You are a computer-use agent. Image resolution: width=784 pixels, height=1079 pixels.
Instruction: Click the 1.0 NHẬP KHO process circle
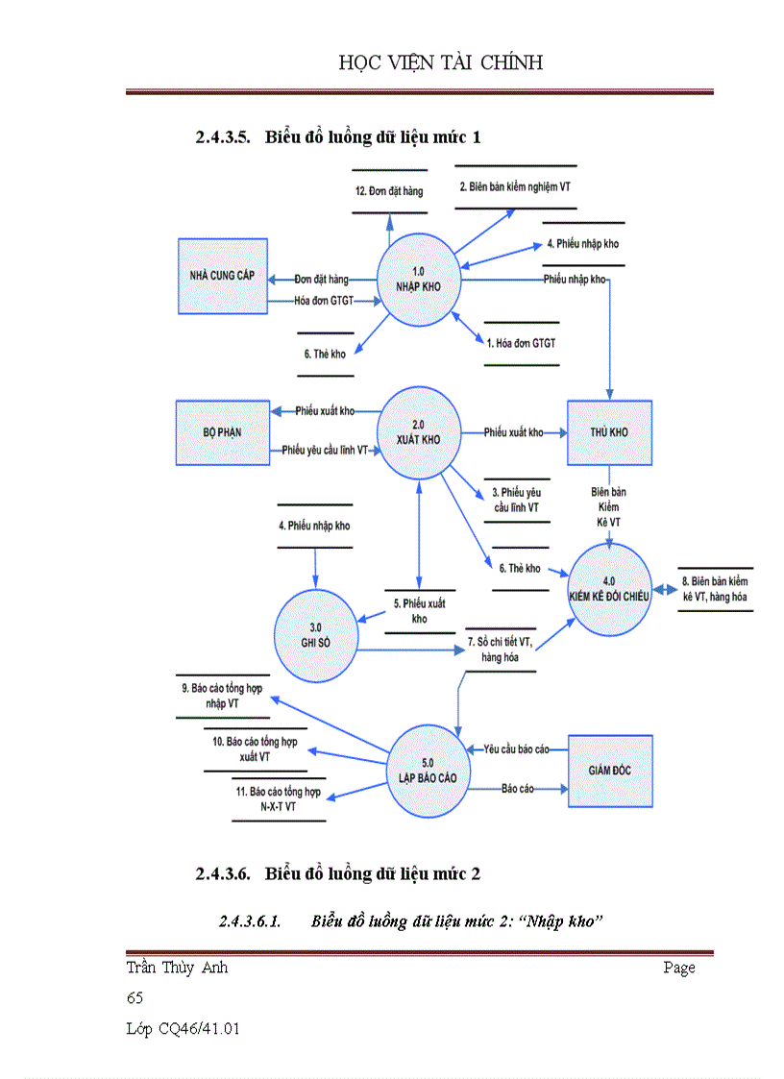418,279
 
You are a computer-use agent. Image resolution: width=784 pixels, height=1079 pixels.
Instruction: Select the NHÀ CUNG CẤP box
222,276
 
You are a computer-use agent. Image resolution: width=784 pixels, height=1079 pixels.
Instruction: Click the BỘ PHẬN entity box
222,432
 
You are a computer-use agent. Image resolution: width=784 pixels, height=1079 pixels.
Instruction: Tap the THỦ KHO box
608,432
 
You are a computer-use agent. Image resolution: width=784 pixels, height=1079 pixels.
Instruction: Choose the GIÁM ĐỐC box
608,771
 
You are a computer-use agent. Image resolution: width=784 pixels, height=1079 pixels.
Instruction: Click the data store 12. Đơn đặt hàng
388,191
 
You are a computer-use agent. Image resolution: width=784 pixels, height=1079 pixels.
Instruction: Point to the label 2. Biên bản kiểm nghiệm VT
514,186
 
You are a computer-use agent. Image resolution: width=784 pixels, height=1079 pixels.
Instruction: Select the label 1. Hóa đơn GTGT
521,342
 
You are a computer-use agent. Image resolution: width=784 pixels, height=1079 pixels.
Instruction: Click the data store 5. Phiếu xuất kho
419,611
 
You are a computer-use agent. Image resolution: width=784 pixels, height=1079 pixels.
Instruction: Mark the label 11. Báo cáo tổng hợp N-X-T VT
279,799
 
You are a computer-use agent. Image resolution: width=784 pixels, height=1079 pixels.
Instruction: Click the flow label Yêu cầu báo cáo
516,748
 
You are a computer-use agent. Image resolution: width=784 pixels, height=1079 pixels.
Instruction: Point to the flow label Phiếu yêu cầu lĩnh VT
324,450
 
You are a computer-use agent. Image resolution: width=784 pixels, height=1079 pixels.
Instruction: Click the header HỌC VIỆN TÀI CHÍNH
441,63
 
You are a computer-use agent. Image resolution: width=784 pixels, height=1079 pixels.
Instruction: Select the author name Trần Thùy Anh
177,968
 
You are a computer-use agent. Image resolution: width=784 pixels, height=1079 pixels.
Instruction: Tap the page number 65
135,998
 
